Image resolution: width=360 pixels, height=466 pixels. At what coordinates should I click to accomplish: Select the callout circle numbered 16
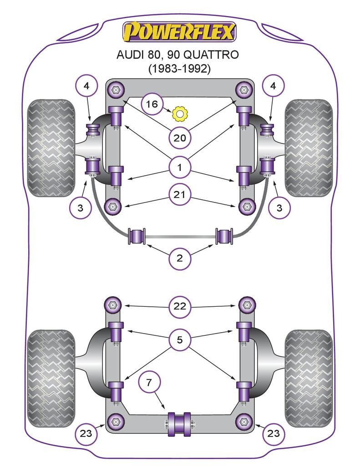[152, 105]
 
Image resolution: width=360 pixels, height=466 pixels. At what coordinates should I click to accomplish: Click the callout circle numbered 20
[180, 137]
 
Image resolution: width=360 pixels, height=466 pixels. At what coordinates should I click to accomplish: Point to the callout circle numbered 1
[180, 168]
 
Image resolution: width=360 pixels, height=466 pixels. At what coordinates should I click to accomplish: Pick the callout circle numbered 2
[180, 258]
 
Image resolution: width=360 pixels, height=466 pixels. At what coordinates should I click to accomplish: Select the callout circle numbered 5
[180, 339]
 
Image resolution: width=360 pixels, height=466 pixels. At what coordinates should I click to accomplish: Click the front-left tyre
[51, 148]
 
